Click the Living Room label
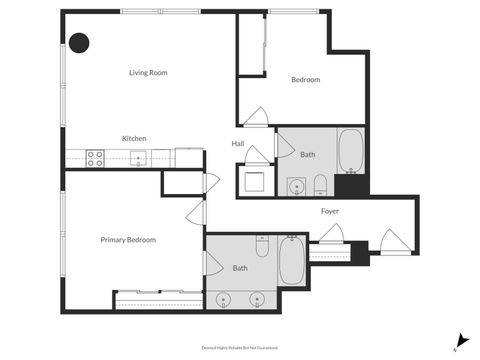147,72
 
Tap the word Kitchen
134,137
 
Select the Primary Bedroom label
127,239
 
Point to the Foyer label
329,211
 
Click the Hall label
238,144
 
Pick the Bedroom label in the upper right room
305,80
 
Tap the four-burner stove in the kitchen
96,156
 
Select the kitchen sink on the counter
138,157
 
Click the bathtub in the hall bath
351,151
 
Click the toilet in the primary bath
262,244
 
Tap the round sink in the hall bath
296,185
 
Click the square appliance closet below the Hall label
253,180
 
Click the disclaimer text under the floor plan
239,348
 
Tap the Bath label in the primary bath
240,268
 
